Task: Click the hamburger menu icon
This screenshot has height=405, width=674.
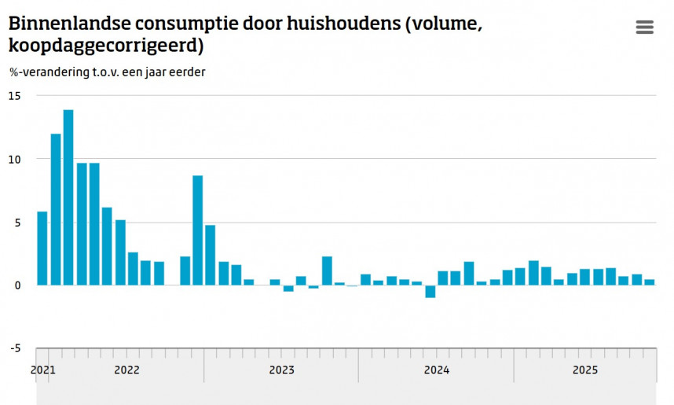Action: point(644,28)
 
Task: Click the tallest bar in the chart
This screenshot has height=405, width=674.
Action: point(68,197)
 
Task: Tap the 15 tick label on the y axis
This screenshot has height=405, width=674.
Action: point(15,95)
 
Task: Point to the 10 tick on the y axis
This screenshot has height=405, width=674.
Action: point(15,159)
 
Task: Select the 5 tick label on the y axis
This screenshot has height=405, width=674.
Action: point(17,222)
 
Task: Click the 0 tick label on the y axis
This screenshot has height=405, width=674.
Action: point(17,285)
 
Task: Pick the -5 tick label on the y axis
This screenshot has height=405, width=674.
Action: point(15,348)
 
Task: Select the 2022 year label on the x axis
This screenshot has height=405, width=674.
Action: point(126,370)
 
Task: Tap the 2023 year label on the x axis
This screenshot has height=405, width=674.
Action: point(281,370)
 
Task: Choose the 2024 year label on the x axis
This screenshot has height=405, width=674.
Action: point(436,370)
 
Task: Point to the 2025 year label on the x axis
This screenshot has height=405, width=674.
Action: point(585,370)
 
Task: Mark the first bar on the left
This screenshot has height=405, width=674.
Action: point(42,248)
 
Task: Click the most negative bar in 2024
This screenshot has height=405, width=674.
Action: point(430,291)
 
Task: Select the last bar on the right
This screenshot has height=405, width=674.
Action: point(650,282)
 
